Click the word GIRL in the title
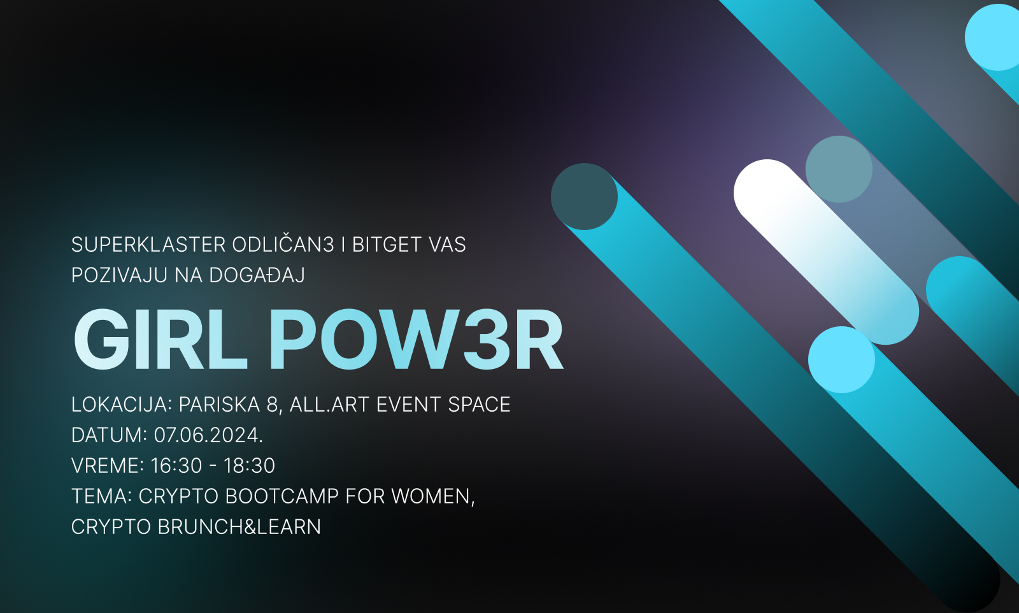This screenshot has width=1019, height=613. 160,340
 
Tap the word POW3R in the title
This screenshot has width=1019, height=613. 417,340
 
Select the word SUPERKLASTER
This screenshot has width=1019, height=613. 148,245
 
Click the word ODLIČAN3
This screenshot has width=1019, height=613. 283,244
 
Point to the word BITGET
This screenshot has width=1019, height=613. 387,245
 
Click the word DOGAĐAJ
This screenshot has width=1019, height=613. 257,275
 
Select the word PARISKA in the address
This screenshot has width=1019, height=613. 219,405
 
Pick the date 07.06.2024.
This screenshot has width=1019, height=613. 208,435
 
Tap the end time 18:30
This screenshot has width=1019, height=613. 249,466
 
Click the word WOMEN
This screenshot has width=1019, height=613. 433,496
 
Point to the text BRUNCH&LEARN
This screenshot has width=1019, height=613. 239,527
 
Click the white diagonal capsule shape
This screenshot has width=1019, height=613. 826,252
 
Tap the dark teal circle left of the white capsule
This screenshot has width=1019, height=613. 584,197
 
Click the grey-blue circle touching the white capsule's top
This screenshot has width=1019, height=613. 839,169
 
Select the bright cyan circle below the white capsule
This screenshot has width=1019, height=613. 841,359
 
